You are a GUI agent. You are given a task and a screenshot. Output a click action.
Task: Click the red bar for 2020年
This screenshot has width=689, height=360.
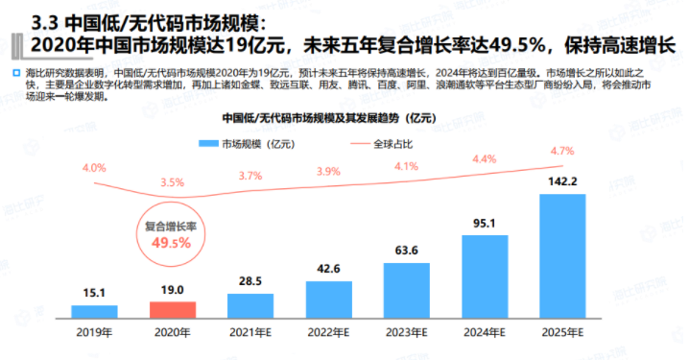[x=173, y=310]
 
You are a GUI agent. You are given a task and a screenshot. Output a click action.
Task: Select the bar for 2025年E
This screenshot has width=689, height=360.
[x=562, y=256]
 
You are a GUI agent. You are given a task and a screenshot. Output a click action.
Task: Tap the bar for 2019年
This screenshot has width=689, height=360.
[x=94, y=312]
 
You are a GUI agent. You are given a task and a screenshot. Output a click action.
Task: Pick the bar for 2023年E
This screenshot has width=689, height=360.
[x=407, y=291]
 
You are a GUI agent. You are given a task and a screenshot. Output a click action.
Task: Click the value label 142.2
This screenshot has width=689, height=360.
[x=562, y=181]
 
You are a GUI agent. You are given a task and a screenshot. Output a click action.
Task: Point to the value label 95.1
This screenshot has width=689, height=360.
[x=485, y=224]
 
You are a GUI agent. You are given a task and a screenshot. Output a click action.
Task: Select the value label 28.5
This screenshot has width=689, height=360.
[x=250, y=281]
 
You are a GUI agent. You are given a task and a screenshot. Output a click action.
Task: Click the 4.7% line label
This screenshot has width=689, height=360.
[x=562, y=152]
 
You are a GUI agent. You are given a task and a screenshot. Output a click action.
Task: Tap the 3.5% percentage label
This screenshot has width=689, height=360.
[x=173, y=182]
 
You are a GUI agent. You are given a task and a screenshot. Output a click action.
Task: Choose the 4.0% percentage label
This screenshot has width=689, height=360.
[x=94, y=168]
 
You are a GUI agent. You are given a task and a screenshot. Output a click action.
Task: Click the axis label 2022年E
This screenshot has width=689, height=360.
[x=328, y=333]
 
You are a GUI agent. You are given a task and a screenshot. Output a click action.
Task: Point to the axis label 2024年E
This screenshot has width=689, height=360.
[x=485, y=333]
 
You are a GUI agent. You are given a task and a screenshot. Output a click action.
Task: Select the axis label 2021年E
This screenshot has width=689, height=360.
[x=250, y=333]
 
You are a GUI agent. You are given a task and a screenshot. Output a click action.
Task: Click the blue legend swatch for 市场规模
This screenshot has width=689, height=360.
[x=208, y=144]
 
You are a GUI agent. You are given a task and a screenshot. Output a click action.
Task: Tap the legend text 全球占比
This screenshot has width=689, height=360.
[x=393, y=144]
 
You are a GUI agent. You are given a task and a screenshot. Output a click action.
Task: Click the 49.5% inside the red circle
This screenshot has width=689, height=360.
[x=172, y=243]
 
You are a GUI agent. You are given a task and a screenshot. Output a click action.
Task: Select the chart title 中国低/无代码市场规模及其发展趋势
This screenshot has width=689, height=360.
[x=311, y=118]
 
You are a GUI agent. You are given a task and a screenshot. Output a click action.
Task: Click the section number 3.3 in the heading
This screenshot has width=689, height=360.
[x=45, y=24]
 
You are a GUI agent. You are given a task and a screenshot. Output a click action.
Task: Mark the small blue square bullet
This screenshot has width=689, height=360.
[x=16, y=73]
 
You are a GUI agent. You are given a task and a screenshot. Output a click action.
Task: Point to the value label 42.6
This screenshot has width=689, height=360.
[x=329, y=269]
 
